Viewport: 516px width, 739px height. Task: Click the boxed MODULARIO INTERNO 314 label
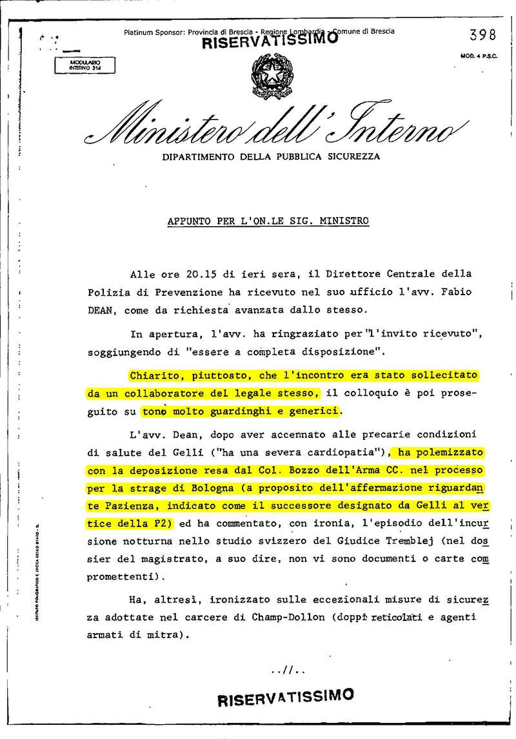79,64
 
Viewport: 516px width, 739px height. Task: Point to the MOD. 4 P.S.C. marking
476,56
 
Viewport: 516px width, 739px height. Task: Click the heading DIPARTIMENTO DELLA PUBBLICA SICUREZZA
271,156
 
